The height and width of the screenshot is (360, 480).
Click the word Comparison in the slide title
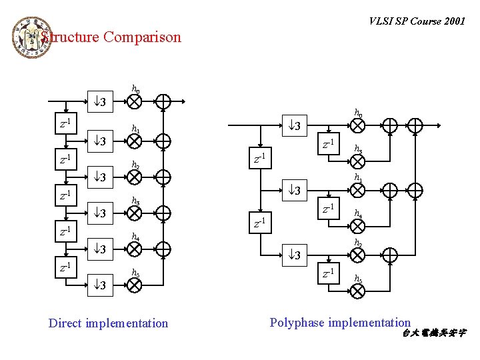point(142,37)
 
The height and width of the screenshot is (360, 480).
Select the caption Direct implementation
point(108,323)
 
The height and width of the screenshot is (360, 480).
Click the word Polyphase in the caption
point(297,323)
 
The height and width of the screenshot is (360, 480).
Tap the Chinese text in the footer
point(434,333)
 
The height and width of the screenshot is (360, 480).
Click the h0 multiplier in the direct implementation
point(135,101)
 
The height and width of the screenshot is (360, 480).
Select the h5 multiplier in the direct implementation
point(135,285)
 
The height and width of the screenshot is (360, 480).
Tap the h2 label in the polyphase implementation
point(358,243)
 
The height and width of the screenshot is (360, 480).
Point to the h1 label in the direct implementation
point(135,129)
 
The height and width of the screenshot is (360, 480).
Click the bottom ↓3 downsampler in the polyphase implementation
point(293,255)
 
